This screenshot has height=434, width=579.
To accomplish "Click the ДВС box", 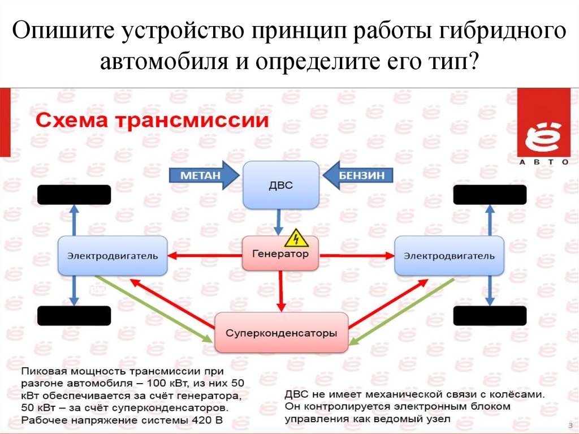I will [281, 185].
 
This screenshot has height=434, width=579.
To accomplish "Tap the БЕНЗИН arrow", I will [358, 175].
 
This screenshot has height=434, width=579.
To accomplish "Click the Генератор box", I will [280, 255].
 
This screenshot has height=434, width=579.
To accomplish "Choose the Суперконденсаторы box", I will [281, 333].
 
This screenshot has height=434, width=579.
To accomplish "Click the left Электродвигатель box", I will [113, 256].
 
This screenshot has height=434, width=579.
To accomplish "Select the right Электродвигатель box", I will [449, 256].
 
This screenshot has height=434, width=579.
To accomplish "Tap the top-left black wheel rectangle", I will [74, 195].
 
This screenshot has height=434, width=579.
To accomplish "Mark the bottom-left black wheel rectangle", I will [74, 316].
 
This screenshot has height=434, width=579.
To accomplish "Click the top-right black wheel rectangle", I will [490, 195].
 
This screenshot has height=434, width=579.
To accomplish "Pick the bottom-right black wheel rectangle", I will [490, 316].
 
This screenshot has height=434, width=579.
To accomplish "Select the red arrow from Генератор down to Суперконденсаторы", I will [281, 292].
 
